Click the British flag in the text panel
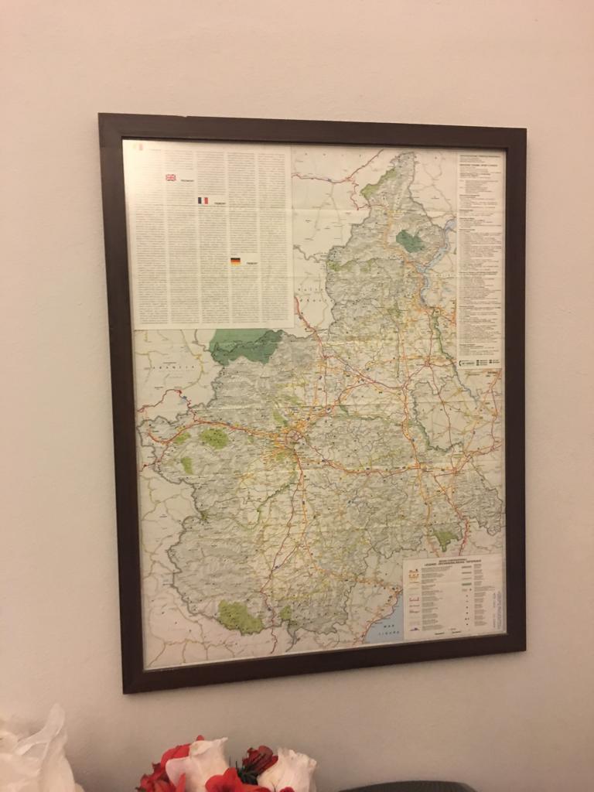[170, 177]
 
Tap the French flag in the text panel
[203, 200]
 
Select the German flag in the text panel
[235, 261]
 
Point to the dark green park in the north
[410, 241]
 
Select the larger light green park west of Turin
[213, 439]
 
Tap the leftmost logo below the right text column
[464, 361]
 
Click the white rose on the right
[288, 769]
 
